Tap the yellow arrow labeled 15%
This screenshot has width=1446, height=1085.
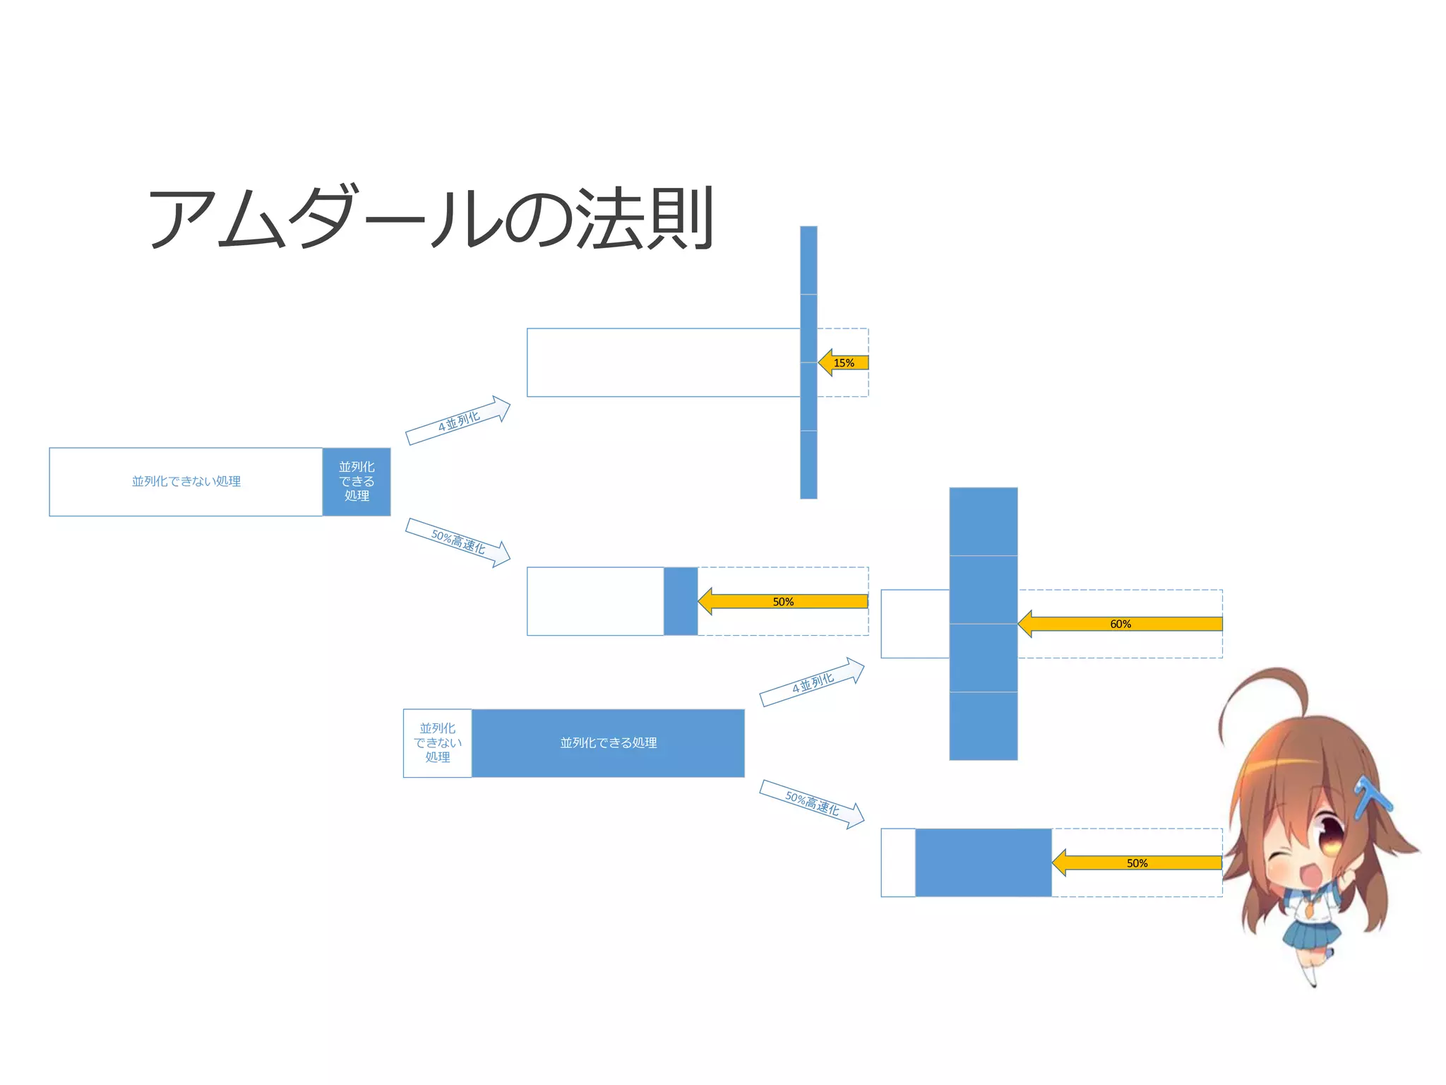[x=844, y=363]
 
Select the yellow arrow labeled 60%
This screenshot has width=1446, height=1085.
[x=1120, y=624]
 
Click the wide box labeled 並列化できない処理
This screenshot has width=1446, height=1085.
[x=186, y=482]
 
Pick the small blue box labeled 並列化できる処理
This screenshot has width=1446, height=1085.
[x=357, y=482]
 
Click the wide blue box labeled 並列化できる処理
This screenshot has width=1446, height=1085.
[x=608, y=743]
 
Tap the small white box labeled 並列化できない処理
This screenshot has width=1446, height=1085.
[x=437, y=743]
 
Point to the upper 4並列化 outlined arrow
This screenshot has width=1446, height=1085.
[x=458, y=420]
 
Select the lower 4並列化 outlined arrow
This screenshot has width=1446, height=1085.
[x=813, y=682]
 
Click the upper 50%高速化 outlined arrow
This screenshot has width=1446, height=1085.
[x=458, y=542]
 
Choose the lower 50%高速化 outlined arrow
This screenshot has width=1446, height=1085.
[x=813, y=804]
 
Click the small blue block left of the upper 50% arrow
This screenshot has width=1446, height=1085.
[x=681, y=601]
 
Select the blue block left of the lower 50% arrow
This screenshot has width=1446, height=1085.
[x=983, y=862]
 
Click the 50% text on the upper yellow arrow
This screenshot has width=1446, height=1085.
[x=783, y=602]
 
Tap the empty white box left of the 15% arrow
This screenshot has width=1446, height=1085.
[x=663, y=362]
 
